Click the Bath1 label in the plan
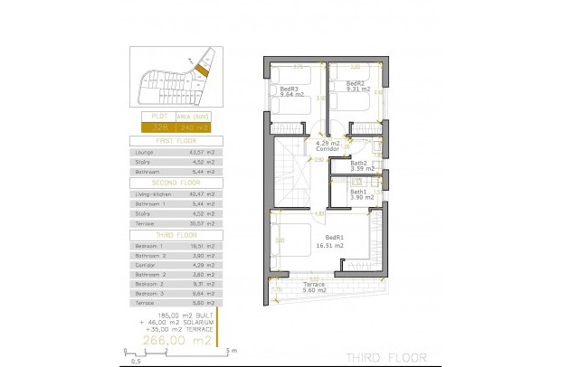click(x=359, y=192)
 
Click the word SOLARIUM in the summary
click(x=198, y=322)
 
